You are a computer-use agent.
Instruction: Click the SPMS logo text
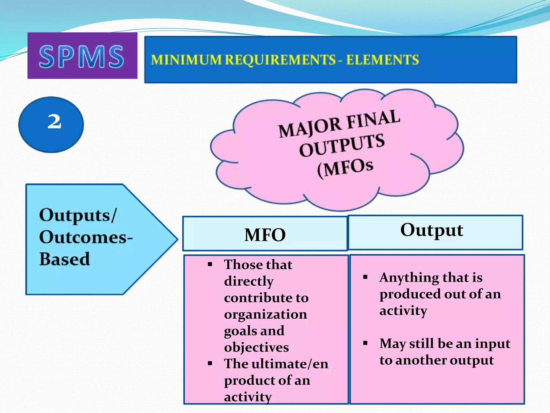pos(82,56)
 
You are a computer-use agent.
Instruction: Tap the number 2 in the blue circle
pos(55,122)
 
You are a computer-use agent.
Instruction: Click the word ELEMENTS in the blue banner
pos(382,60)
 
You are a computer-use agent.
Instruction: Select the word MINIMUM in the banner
pos(186,60)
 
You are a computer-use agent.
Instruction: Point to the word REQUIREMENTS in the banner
pos(280,60)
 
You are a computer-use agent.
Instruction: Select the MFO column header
pos(265,235)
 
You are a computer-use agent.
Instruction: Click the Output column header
pos(432,230)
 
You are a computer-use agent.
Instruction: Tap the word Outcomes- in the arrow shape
pos(86,237)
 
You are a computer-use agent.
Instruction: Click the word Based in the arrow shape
pos(65,259)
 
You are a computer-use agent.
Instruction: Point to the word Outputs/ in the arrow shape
pos(78,215)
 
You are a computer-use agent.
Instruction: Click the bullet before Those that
pos(210,265)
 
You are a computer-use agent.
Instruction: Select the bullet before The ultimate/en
pos(210,364)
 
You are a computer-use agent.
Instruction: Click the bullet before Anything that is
pos(365,277)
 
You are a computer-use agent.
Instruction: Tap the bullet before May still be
pos(365,343)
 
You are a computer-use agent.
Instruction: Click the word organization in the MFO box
pos(265,314)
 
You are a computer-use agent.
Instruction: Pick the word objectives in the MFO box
pos(256,347)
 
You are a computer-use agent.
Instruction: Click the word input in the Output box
pos(493,344)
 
